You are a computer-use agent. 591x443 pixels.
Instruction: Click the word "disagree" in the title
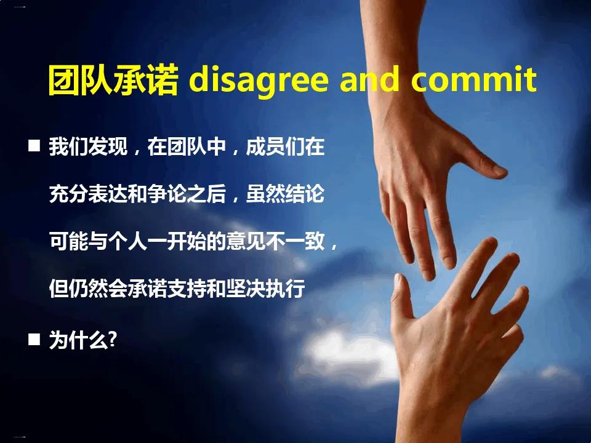click(x=258, y=80)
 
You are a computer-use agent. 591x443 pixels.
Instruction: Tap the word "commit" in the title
click(x=474, y=79)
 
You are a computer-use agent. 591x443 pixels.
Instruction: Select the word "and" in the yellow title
click(x=369, y=79)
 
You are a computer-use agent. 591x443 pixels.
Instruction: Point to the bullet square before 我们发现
click(x=34, y=145)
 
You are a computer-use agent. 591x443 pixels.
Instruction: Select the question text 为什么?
click(x=83, y=340)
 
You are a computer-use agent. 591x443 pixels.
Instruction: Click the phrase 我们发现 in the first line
click(x=88, y=146)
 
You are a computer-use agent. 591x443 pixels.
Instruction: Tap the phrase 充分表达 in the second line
click(x=88, y=194)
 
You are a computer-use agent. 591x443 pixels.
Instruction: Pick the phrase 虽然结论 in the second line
click(x=285, y=194)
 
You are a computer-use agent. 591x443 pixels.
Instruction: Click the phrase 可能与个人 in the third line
click(x=98, y=241)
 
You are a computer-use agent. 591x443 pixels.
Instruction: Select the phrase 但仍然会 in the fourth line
click(x=88, y=289)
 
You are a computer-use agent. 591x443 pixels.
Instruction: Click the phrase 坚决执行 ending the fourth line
click(x=266, y=289)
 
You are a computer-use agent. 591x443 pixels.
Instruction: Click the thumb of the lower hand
click(x=401, y=298)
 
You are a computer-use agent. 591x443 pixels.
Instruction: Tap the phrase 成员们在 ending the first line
click(x=285, y=146)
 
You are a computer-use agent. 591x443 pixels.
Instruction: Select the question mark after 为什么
click(x=112, y=339)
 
